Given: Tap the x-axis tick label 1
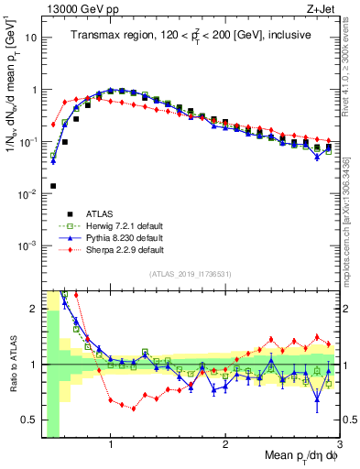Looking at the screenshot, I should coord(111,445).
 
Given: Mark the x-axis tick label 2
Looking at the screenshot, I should coord(224,445).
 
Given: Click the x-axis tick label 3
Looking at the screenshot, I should coord(338,445).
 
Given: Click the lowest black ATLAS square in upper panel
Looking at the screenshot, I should coord(53,186).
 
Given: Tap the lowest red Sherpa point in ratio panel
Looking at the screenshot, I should coord(134,409).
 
